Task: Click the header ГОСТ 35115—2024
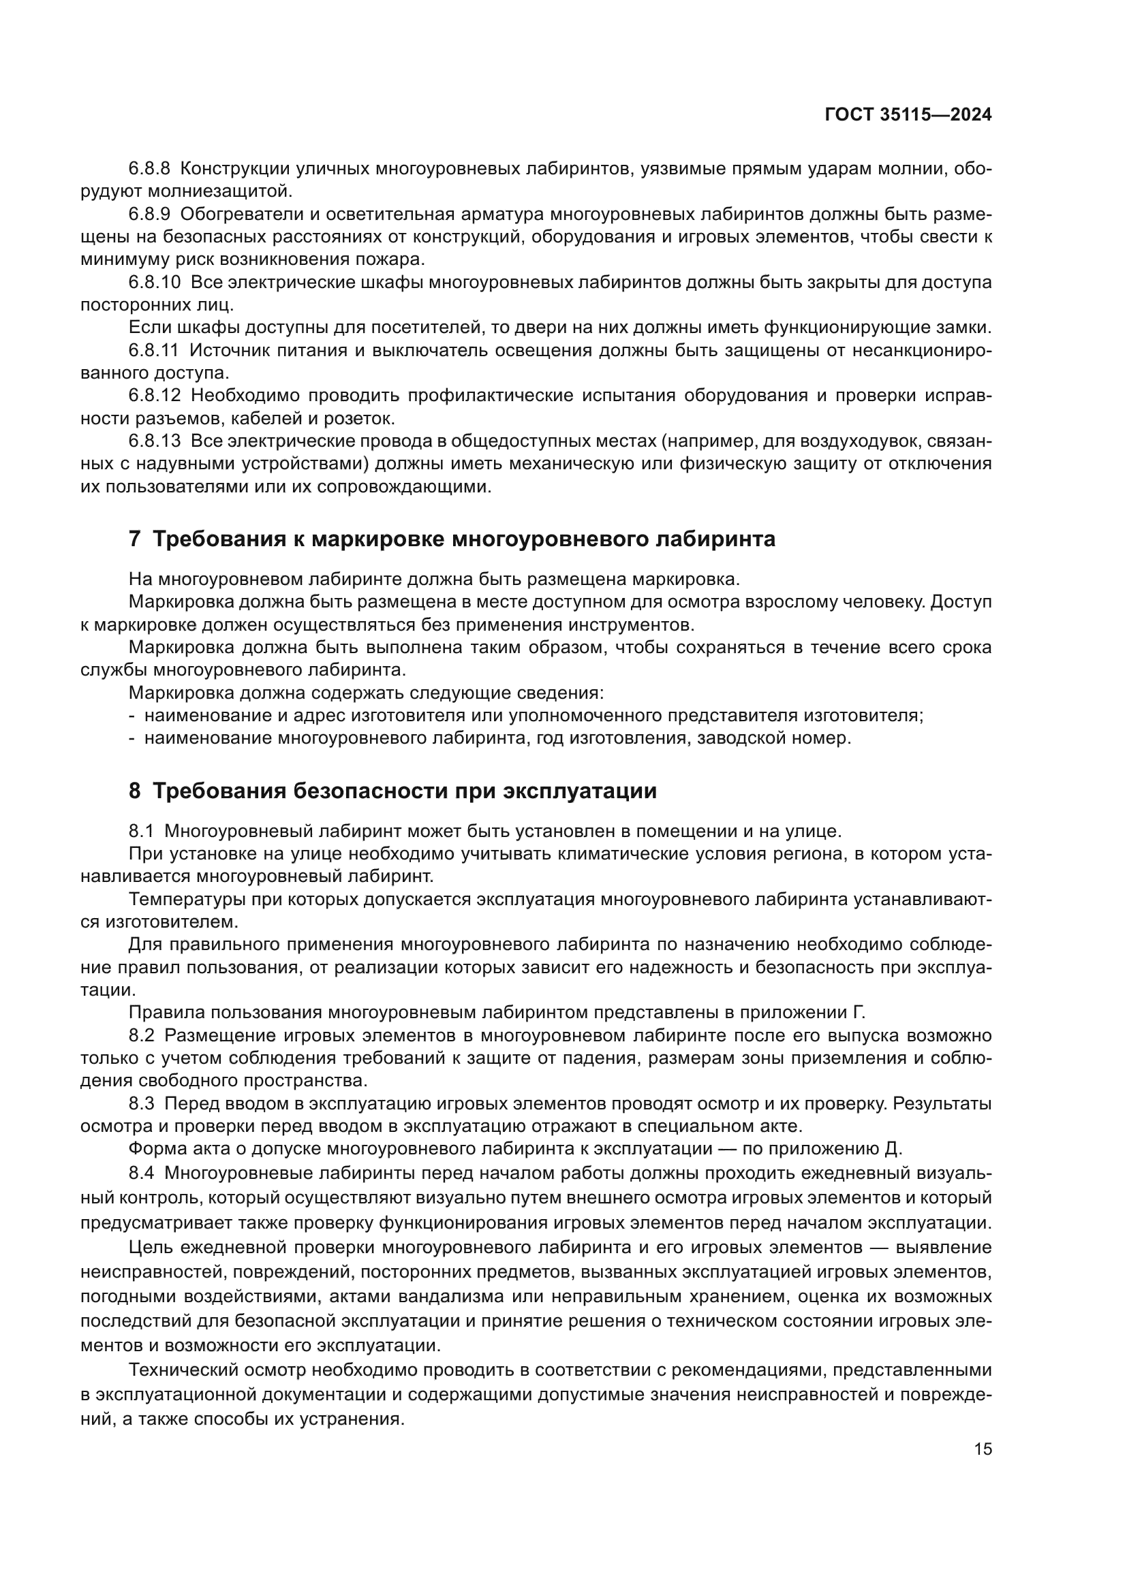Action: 908,115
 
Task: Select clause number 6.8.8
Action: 149,169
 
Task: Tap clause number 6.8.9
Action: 149,215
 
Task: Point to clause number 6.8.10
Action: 154,283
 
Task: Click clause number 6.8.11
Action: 153,350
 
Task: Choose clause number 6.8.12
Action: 154,396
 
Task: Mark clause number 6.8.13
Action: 154,441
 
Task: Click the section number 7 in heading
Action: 135,539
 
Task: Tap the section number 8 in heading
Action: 135,791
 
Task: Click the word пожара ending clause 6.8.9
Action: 397,259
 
